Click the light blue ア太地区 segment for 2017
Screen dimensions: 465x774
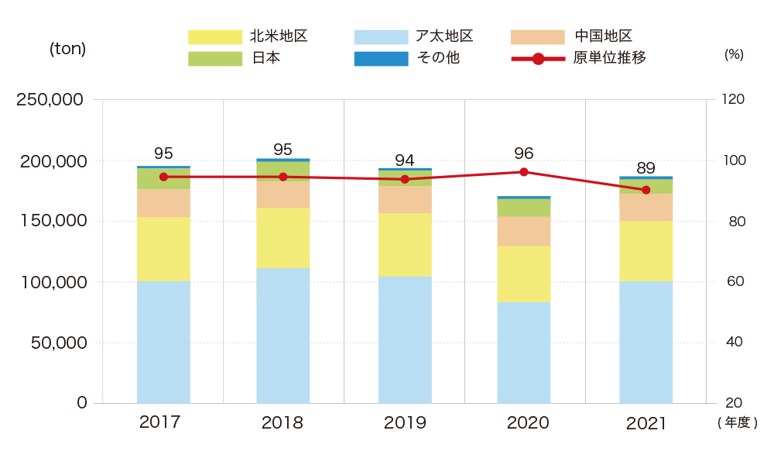click(163, 342)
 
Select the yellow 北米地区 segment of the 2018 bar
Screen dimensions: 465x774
click(283, 238)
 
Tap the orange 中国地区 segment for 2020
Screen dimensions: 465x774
click(524, 231)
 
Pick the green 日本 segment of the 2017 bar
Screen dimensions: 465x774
click(163, 178)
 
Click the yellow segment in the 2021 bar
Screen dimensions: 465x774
click(646, 251)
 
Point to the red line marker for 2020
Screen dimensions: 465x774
click(524, 172)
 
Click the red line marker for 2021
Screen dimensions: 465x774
click(646, 190)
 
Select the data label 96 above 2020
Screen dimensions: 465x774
click(524, 153)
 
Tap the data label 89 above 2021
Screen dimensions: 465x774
click(646, 168)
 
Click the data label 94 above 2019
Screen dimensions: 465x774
click(405, 160)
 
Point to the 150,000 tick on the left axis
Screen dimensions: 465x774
click(51, 221)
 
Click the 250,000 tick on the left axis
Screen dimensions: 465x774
click(51, 100)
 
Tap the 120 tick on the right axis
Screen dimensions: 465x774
click(732, 100)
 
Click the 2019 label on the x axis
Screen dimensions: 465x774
click(405, 423)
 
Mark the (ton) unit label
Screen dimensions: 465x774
click(68, 48)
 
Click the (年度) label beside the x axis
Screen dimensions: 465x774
click(737, 423)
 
